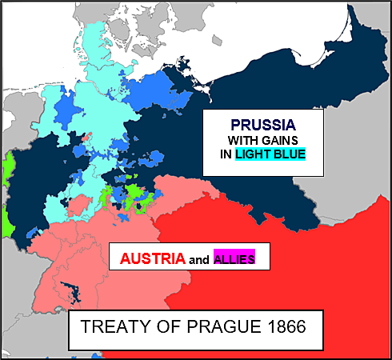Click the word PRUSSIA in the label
pyautogui.click(x=263, y=125)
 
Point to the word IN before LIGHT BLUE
pyautogui.click(x=226, y=154)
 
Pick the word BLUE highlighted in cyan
pyautogui.click(x=288, y=154)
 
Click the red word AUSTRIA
pyautogui.click(x=152, y=258)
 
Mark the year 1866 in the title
pyautogui.click(x=277, y=328)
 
